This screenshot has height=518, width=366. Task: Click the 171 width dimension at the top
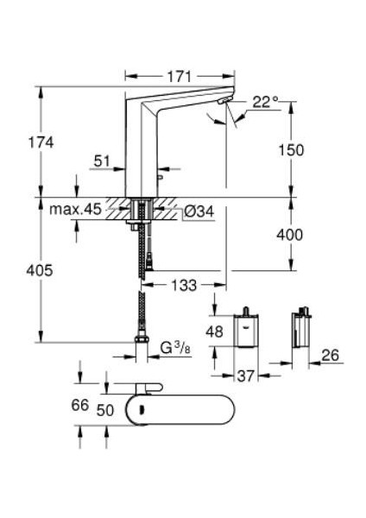point(178,77)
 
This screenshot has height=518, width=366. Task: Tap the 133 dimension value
point(183,283)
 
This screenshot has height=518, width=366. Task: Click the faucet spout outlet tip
point(224,104)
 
